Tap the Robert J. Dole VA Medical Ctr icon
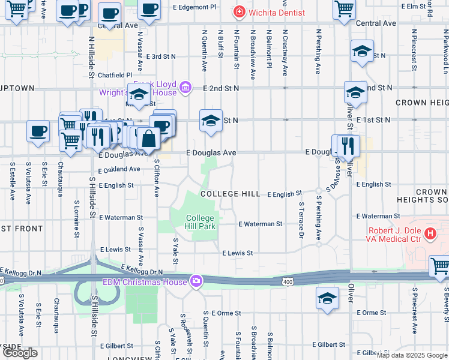430,233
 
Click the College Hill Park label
200,222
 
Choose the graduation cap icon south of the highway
328,298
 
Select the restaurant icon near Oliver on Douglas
348,145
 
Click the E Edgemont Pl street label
194,7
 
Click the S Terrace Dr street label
301,218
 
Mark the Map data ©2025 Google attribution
412,355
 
